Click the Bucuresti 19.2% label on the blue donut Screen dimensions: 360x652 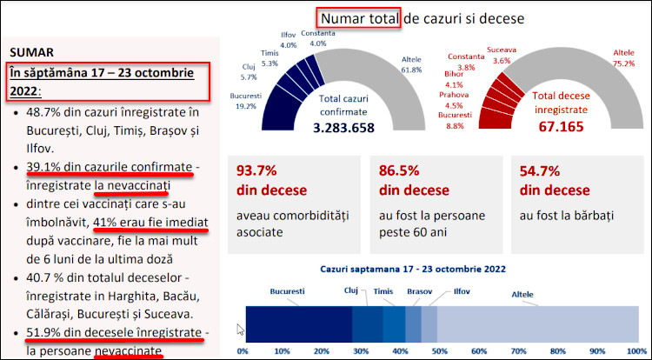pyautogui.click(x=247, y=100)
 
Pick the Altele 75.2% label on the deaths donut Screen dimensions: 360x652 pyautogui.click(x=623, y=57)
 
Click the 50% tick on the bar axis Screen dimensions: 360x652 pyautogui.click(x=442, y=351)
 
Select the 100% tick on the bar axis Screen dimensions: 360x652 pyautogui.click(x=637, y=351)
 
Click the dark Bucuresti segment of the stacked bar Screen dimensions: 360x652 pyautogui.click(x=298, y=322)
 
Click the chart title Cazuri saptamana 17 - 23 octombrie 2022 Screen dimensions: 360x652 pyautogui.click(x=413, y=270)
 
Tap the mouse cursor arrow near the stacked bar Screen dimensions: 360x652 pyautogui.click(x=241, y=330)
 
